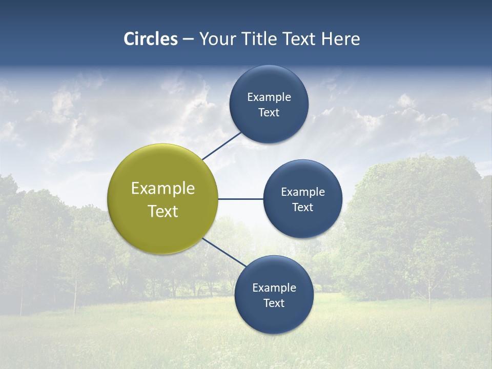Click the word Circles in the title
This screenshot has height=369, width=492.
(151, 39)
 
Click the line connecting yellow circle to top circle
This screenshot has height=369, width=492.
(222, 146)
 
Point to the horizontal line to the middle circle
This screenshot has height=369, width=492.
(240, 199)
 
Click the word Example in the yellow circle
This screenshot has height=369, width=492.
(163, 189)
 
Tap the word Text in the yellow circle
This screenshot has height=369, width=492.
(163, 211)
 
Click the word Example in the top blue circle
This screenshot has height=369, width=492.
(269, 97)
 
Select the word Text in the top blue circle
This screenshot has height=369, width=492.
(269, 113)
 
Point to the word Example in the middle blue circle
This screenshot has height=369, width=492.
(303, 192)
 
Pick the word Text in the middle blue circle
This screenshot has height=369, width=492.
(303, 208)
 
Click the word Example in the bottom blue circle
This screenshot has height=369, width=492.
(274, 288)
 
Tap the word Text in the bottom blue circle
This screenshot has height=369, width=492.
(274, 303)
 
